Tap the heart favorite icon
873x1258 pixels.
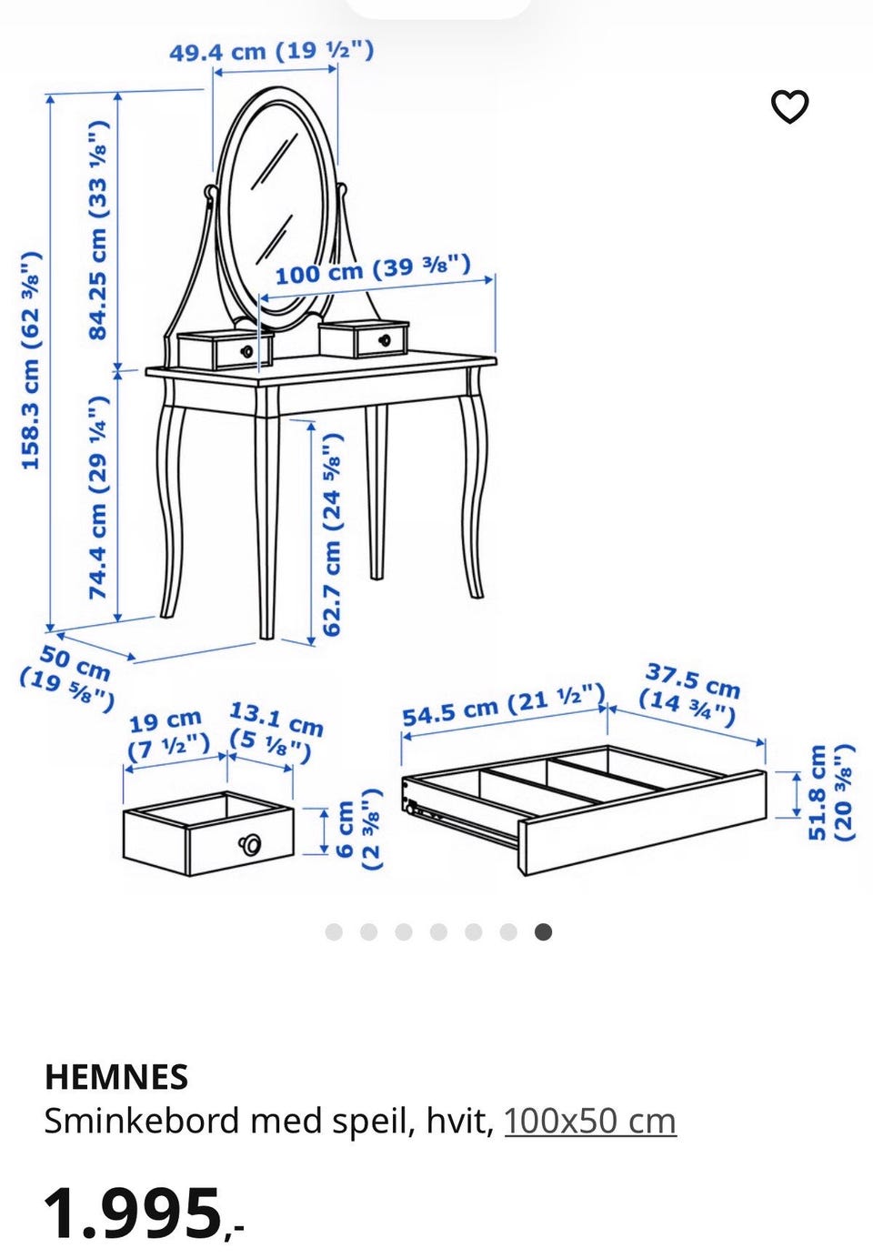click(x=790, y=106)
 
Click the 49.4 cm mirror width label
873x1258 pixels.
click(x=272, y=52)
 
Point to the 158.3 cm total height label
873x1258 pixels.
click(x=31, y=360)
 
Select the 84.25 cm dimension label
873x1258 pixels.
click(x=97, y=231)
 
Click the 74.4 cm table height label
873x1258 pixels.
click(x=97, y=497)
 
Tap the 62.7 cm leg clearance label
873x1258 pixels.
click(x=331, y=534)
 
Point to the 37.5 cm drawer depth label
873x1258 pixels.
click(x=690, y=694)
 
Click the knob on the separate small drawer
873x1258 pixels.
click(x=249, y=843)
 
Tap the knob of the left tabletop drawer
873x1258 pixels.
click(x=246, y=351)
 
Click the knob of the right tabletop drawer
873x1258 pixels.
click(x=385, y=340)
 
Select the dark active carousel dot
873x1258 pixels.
click(x=543, y=932)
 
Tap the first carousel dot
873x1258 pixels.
click(x=334, y=932)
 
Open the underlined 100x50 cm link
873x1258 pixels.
click(x=590, y=1122)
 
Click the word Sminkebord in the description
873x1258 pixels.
click(x=143, y=1122)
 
